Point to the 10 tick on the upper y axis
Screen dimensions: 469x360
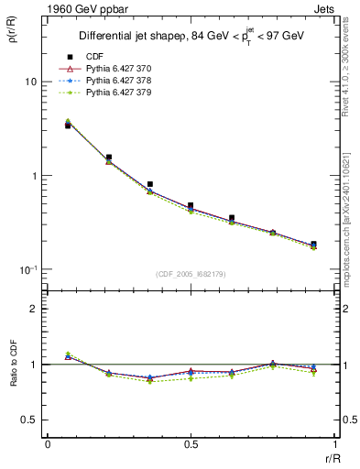tap(31, 82)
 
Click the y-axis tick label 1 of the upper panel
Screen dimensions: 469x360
tap(34, 176)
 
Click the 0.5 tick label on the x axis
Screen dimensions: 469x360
tap(191, 444)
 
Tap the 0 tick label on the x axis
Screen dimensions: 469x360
tap(47, 444)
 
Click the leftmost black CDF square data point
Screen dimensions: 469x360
tap(68, 125)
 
